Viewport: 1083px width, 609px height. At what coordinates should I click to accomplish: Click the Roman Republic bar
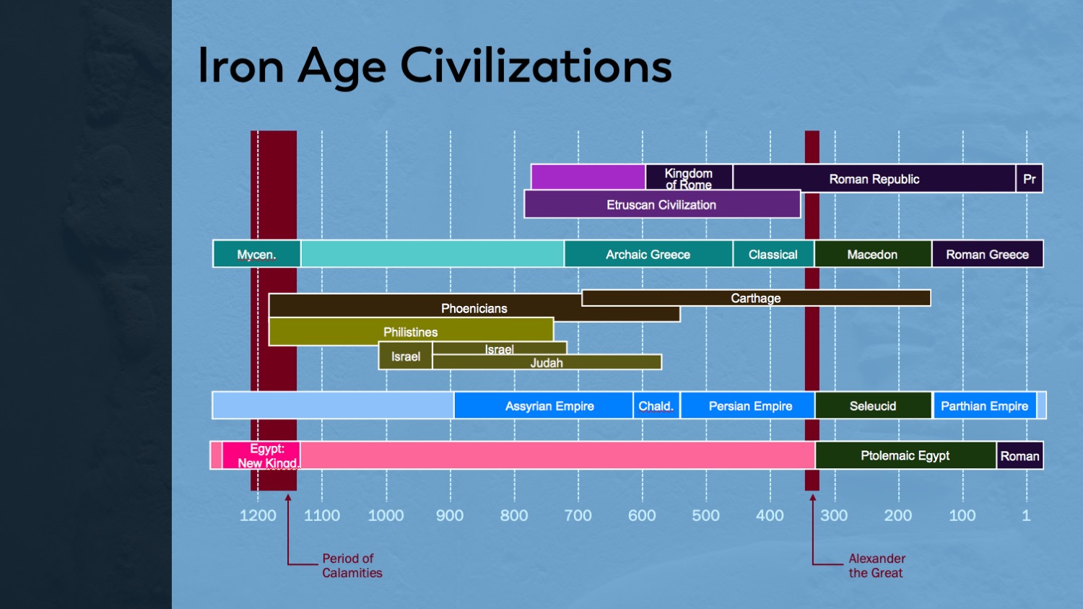[x=874, y=179]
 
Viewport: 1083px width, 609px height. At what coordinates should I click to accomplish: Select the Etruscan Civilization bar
[x=661, y=205]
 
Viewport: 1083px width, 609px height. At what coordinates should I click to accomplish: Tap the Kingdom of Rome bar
[x=689, y=178]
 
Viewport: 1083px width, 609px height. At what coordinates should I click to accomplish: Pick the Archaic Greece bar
[x=648, y=254]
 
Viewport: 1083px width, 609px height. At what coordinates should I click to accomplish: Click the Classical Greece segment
[x=773, y=254]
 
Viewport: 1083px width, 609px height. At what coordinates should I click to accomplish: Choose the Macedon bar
[x=872, y=254]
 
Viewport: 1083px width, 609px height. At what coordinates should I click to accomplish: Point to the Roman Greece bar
[x=987, y=254]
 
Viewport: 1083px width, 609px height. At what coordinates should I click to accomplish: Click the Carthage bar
[x=755, y=298]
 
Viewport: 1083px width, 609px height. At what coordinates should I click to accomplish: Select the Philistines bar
[x=410, y=332]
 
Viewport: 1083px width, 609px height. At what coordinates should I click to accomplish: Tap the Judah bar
[x=547, y=363]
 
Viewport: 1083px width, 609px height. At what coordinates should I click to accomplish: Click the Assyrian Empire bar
[x=549, y=406]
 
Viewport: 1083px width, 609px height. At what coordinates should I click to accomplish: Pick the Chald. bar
[x=656, y=406]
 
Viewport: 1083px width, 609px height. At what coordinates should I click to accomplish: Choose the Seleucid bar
[x=872, y=406]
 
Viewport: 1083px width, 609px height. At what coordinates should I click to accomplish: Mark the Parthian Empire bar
[x=984, y=406]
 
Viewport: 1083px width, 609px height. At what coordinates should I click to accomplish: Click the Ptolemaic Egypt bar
[x=905, y=455]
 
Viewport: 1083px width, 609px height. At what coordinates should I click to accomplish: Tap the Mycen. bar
[x=256, y=254]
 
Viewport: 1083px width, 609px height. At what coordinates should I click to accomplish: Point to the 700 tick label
[x=578, y=515]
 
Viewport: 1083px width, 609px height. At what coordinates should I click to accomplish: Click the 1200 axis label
[x=258, y=515]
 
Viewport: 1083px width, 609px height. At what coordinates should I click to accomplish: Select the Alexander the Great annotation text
[x=877, y=566]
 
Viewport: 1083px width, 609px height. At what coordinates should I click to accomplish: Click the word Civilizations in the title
[x=536, y=66]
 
